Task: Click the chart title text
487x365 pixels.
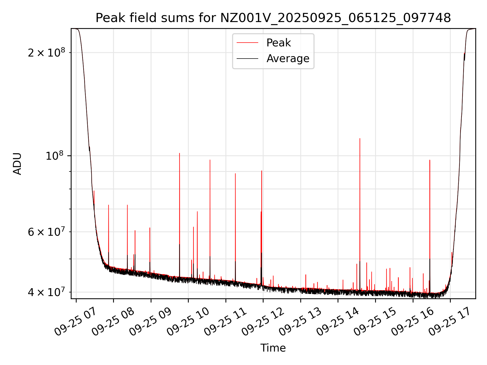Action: (273, 18)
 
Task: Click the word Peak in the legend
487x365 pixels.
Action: (279, 43)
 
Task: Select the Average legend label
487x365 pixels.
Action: (288, 59)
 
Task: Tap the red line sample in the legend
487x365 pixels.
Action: (247, 43)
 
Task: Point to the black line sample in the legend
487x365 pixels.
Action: (247, 59)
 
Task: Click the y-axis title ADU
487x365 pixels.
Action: (17, 163)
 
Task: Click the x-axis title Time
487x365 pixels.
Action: (273, 348)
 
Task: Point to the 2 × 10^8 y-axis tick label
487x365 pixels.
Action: (46, 53)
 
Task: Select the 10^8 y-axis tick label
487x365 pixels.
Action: (54, 156)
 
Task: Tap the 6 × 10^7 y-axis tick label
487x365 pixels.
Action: (46, 232)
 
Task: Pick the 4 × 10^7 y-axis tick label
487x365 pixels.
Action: (46, 292)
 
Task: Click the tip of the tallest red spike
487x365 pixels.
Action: (360, 139)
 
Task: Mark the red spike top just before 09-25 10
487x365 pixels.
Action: (180, 153)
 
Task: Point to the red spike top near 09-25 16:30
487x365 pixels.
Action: (430, 160)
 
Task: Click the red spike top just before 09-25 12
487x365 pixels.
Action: (262, 171)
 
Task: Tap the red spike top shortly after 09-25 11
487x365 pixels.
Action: (235, 174)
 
